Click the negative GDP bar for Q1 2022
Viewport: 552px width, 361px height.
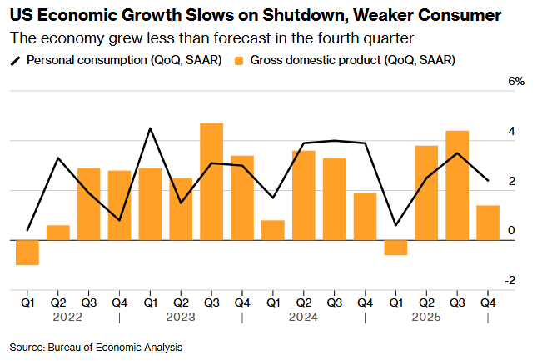pos(27,253)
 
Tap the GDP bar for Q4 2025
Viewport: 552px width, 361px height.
pos(488,223)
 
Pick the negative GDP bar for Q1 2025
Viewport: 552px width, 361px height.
pos(395,248)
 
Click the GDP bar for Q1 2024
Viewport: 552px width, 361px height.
pos(272,230)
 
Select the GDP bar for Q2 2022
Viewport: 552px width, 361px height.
pos(58,233)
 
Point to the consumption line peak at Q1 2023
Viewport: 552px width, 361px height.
pos(150,128)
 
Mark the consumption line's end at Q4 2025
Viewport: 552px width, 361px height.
pos(488,180)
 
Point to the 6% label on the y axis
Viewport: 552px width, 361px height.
pos(516,82)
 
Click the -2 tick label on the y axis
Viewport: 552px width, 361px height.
pos(510,280)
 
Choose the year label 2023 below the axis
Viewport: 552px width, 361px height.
pos(181,318)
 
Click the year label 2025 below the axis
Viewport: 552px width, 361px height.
pos(426,318)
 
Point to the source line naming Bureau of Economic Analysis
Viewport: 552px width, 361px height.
pos(96,347)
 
